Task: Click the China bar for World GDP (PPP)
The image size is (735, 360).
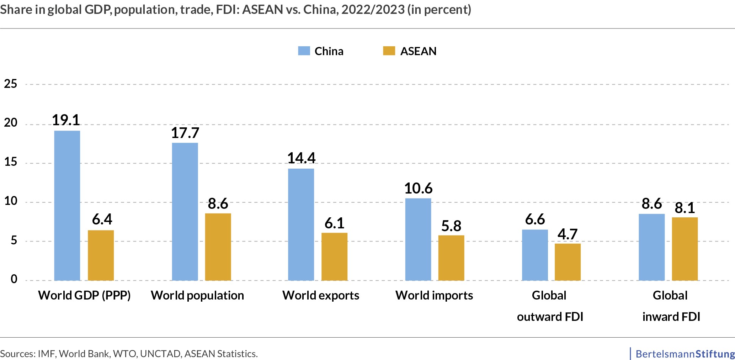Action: click(x=67, y=206)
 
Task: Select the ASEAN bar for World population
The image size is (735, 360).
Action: click(x=218, y=247)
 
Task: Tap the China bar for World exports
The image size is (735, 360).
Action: click(x=301, y=224)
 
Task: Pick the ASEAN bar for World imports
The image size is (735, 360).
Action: click(x=451, y=258)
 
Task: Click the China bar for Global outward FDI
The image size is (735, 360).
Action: click(x=535, y=255)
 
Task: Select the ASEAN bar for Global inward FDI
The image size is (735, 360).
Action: click(x=685, y=249)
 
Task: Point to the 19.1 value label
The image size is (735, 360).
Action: click(x=66, y=120)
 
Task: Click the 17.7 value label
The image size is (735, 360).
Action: click(x=185, y=133)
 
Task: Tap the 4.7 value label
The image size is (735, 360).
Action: click(x=568, y=234)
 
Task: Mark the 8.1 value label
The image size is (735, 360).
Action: click(x=685, y=208)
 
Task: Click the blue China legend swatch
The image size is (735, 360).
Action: click(x=304, y=51)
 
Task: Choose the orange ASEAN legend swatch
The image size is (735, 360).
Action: click(x=389, y=51)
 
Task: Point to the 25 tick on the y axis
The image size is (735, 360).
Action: click(x=10, y=84)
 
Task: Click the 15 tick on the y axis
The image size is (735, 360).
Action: click(x=10, y=162)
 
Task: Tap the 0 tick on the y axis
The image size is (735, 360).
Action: click(x=14, y=279)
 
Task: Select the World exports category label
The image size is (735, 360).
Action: click(x=321, y=295)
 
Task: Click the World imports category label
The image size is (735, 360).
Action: click(x=434, y=295)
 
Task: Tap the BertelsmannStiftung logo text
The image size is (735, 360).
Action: click(x=685, y=354)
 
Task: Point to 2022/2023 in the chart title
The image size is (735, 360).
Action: click(x=373, y=10)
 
